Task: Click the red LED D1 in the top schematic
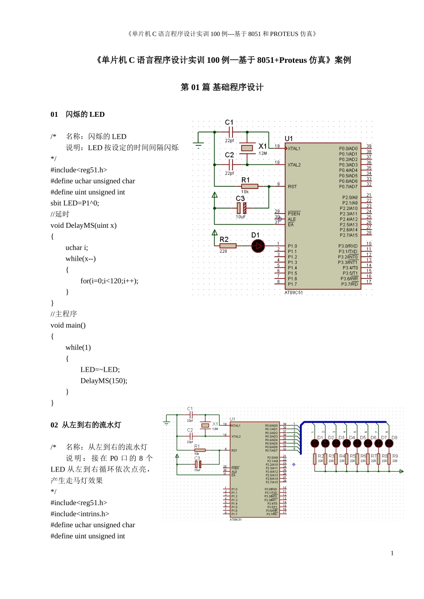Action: (x=258, y=246)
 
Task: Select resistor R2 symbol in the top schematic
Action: (x=228, y=246)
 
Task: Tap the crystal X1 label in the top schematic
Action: (x=262, y=146)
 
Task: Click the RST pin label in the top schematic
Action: (x=292, y=187)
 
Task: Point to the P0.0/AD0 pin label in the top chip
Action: (x=348, y=149)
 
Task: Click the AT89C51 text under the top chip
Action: (x=294, y=293)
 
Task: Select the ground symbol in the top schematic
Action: (x=199, y=145)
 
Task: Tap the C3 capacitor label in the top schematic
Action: (x=240, y=198)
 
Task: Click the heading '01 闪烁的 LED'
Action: (x=78, y=115)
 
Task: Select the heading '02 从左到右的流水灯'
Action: (x=86, y=425)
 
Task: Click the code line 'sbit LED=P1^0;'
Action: (x=75, y=203)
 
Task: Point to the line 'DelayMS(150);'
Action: (x=104, y=381)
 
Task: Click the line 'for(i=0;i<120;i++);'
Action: (x=109, y=281)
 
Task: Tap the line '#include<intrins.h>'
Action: (x=80, y=514)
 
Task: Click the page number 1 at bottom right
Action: (x=392, y=553)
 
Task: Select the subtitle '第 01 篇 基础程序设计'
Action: (x=222, y=87)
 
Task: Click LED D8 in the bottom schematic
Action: (x=389, y=443)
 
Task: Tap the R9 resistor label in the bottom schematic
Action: (x=395, y=456)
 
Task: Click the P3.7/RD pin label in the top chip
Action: (x=349, y=284)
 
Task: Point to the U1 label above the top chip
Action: (x=289, y=139)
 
